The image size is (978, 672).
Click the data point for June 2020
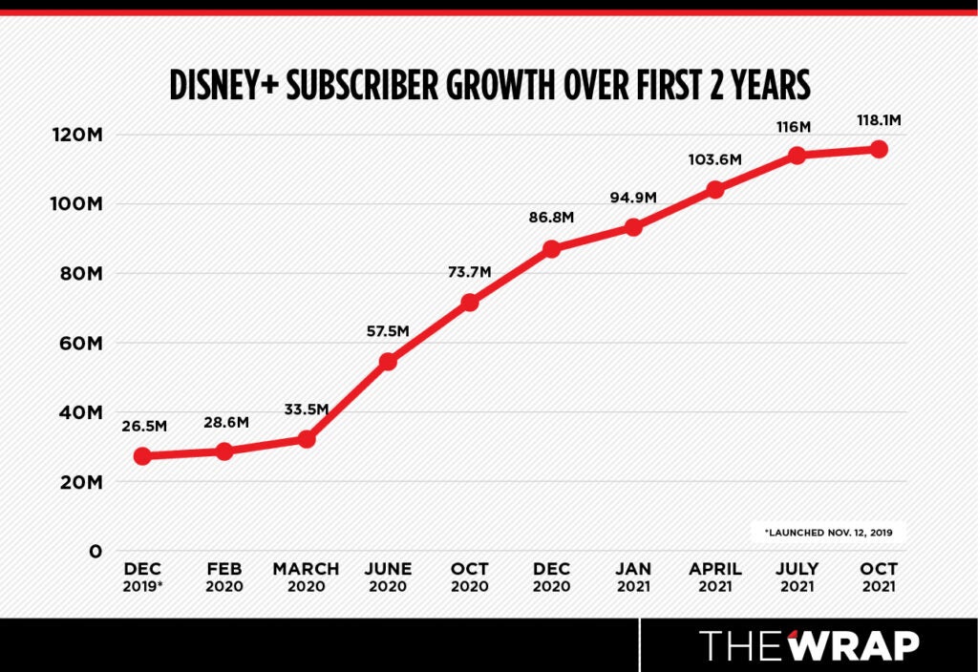[388, 362]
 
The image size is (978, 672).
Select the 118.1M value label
[879, 121]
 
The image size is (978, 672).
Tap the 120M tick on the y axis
[77, 135]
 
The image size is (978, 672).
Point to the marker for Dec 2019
[142, 456]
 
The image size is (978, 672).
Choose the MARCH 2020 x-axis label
[306, 577]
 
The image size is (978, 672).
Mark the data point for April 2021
[715, 189]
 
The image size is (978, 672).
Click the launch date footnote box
[827, 532]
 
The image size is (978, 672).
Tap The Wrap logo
[809, 645]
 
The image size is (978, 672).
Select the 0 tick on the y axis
[95, 552]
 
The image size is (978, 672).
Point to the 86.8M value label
[551, 218]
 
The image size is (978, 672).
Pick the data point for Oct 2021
[879, 149]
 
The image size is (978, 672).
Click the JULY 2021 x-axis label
[797, 577]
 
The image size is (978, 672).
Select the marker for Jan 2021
[633, 227]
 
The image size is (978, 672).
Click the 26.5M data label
[143, 426]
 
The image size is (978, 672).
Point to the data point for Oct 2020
[470, 303]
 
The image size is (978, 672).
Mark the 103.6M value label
[714, 159]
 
